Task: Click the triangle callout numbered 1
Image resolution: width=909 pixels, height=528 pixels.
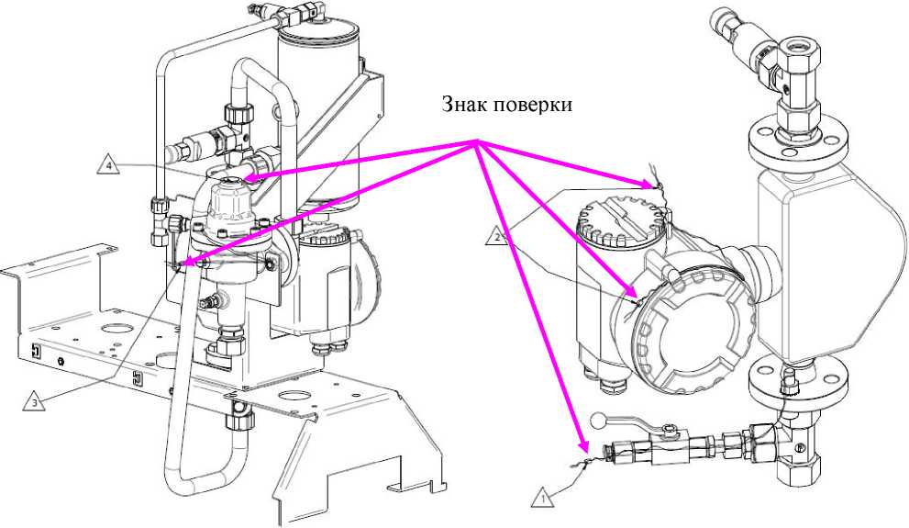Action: tap(543, 498)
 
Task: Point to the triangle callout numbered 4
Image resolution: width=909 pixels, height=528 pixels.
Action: tap(107, 165)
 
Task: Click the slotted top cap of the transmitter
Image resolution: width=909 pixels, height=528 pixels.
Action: tap(621, 224)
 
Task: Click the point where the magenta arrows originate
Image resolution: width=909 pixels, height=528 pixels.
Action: tap(476, 141)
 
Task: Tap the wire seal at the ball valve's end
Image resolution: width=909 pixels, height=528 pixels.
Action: tap(583, 457)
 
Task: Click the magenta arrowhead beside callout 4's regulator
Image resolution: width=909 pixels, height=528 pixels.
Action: tap(247, 179)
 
